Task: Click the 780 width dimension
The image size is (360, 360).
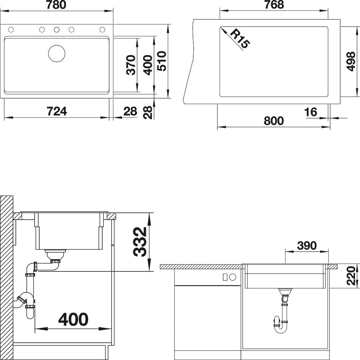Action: pos(56,5)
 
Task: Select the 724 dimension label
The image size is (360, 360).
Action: pos(57,111)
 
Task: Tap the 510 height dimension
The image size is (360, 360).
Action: pos(162,61)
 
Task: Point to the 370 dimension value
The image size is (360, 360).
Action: pos(131,65)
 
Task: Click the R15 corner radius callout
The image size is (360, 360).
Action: pos(240,39)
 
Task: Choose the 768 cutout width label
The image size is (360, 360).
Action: pos(274,5)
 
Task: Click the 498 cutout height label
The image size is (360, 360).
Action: pos(351,62)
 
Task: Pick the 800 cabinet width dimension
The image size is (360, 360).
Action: pos(274,121)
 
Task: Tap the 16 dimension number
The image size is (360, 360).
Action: pos(310,112)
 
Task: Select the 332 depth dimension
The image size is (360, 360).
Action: pos(140,242)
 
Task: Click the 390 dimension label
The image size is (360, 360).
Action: pos(307,246)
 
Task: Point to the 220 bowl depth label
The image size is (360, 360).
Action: pos(351,276)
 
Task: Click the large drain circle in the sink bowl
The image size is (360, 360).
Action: pos(57,53)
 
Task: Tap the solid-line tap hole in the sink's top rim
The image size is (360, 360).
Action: pos(57,30)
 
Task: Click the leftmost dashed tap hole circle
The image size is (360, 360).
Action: pos(11,30)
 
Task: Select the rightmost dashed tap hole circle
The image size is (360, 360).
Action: pos(102,30)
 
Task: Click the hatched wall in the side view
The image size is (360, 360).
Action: pos(6,278)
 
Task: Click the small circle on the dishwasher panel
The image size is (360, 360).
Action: pos(233,277)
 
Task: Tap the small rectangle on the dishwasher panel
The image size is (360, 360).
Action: pos(225,277)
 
